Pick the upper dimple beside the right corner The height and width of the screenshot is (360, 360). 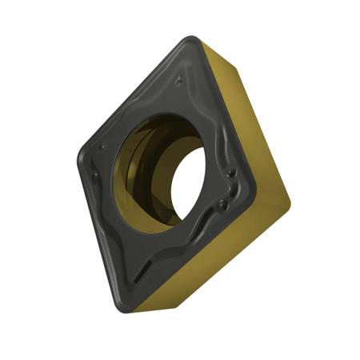(x=231, y=172)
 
